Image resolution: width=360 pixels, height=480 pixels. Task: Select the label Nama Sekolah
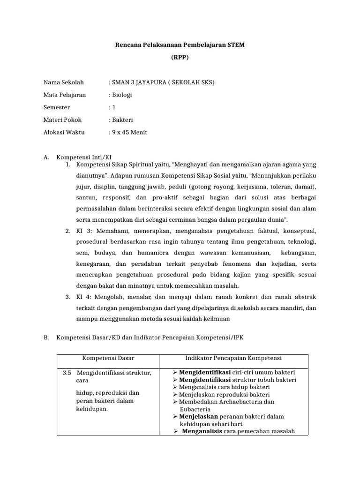(x=63, y=82)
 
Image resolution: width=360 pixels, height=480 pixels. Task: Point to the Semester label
(x=57, y=107)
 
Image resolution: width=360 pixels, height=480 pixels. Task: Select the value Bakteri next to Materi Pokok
(x=122, y=120)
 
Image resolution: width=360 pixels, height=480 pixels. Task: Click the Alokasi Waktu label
(x=64, y=132)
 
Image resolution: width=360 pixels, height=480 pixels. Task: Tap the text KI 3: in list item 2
(x=85, y=231)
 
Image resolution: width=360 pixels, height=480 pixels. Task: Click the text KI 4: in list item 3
(x=85, y=297)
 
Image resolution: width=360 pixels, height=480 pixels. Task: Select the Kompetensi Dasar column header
(x=108, y=358)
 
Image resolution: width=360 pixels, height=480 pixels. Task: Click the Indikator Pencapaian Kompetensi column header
(x=233, y=358)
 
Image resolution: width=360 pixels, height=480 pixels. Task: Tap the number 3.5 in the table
(x=67, y=373)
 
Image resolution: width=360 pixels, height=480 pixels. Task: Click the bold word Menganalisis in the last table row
(x=202, y=431)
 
